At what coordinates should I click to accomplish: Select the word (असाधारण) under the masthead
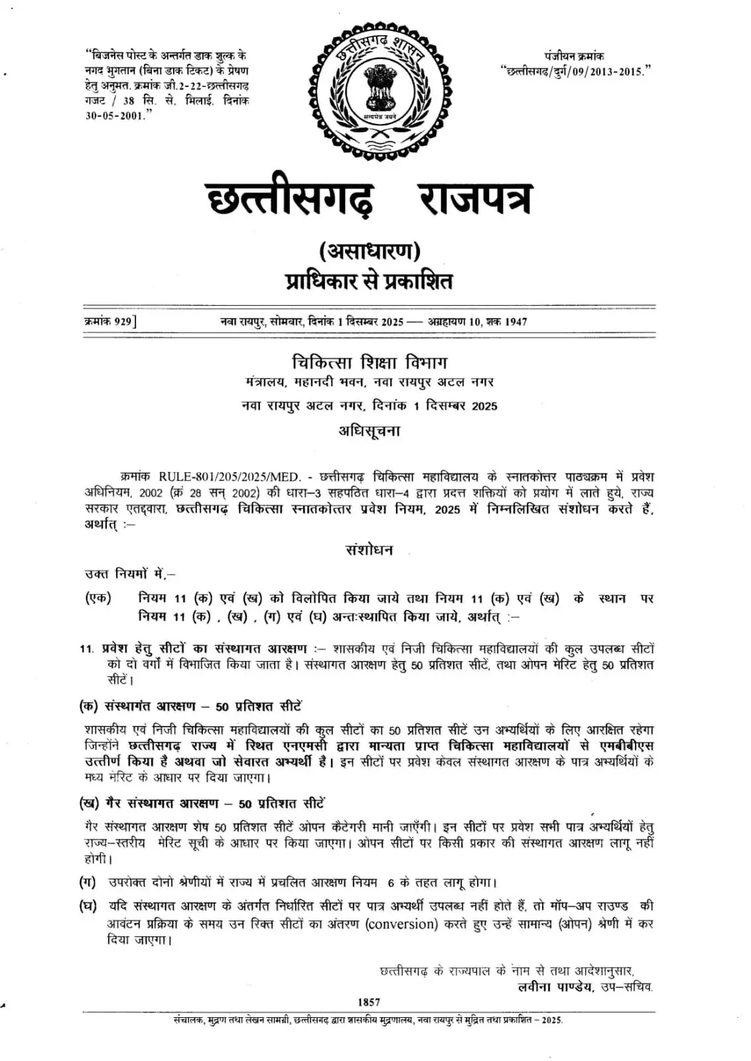pyautogui.click(x=370, y=251)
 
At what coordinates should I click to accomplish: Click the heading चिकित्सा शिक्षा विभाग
pyautogui.click(x=370, y=362)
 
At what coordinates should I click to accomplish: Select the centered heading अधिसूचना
pyautogui.click(x=370, y=431)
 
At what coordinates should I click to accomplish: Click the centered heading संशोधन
pyautogui.click(x=370, y=550)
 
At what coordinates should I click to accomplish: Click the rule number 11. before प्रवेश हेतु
pyautogui.click(x=87, y=649)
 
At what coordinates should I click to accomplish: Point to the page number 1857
pyautogui.click(x=369, y=1002)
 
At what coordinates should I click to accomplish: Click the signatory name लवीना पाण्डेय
pyautogui.click(x=555, y=986)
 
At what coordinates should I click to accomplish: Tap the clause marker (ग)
pyautogui.click(x=88, y=883)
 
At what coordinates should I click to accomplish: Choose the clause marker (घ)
pyautogui.click(x=88, y=906)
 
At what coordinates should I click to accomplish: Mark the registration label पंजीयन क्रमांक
pyautogui.click(x=575, y=56)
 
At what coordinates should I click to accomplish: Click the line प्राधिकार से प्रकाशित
pyautogui.click(x=370, y=281)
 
